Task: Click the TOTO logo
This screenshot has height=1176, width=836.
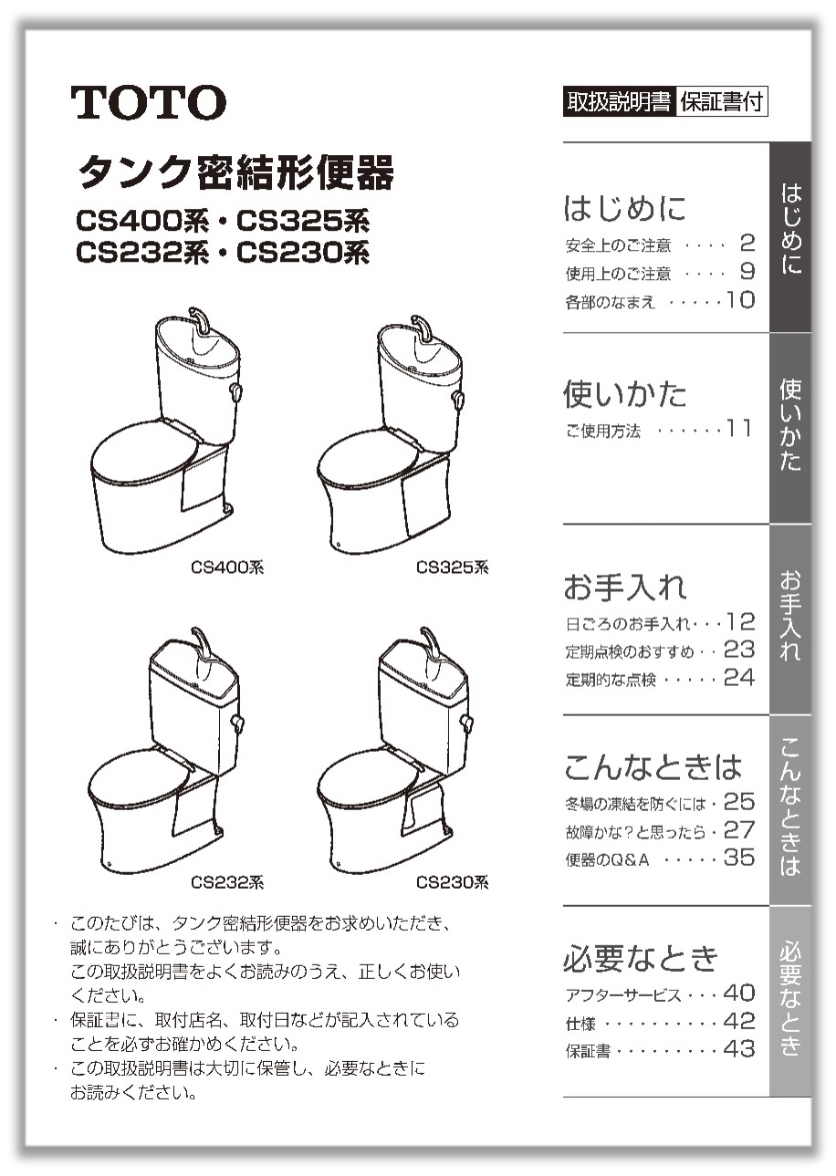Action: (x=149, y=102)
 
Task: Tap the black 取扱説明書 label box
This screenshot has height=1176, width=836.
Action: (x=619, y=101)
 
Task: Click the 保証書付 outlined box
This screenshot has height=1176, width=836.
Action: (x=722, y=101)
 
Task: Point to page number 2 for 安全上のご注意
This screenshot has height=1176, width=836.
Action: (x=747, y=243)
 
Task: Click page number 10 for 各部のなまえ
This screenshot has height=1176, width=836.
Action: (x=740, y=300)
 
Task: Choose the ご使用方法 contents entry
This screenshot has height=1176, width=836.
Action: (x=603, y=431)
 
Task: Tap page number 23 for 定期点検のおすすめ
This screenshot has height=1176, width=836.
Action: (x=739, y=650)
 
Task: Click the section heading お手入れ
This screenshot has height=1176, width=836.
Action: (x=625, y=587)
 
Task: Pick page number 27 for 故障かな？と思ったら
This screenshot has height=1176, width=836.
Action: (x=739, y=830)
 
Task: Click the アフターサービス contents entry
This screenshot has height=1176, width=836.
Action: (x=623, y=994)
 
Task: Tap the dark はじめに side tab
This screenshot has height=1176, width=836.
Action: (x=791, y=237)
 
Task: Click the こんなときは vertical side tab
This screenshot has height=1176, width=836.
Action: (x=791, y=810)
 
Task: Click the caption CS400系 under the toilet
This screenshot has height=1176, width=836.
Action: (x=227, y=567)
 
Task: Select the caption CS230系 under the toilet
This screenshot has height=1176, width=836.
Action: (x=452, y=882)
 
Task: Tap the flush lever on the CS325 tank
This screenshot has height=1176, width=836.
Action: (x=458, y=400)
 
